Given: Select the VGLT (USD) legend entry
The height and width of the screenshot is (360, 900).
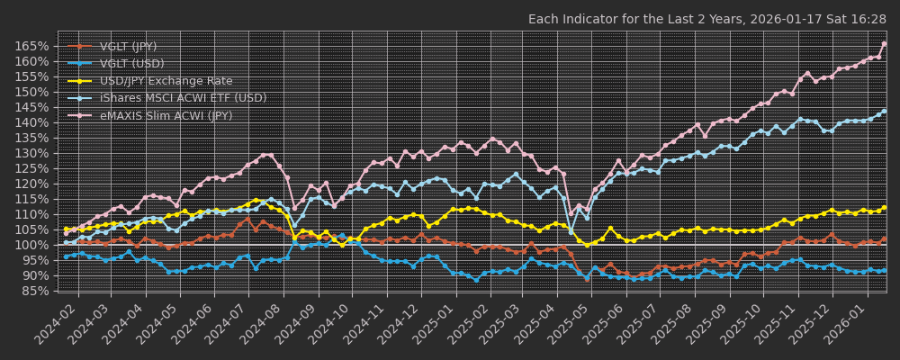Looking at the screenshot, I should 132,64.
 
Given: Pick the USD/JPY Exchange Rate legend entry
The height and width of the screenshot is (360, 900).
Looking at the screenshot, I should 166,81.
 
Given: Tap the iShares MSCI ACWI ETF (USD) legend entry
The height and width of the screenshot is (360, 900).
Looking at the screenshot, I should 183,98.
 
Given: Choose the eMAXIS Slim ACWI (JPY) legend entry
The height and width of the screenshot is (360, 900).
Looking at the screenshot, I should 166,115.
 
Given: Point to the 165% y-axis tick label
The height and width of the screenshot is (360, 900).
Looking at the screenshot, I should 32,46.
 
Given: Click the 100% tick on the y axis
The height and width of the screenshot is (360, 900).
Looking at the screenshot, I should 32,245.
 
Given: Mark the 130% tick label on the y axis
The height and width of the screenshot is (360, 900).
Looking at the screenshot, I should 32,153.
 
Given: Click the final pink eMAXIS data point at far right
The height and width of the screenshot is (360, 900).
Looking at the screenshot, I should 884,43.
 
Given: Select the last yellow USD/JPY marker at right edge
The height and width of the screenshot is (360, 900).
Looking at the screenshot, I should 884,207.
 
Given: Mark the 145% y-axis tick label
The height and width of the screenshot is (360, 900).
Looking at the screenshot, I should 32,107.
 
